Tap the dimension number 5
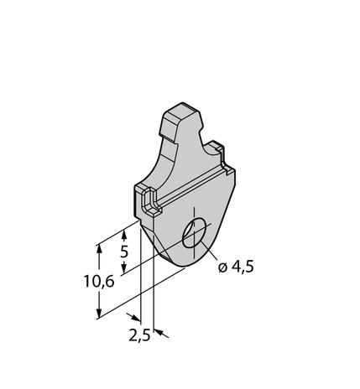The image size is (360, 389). pyautogui.click(x=123, y=252)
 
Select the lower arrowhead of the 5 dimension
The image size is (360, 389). pyautogui.click(x=123, y=269)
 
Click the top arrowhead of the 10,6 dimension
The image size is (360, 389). pyautogui.click(x=99, y=246)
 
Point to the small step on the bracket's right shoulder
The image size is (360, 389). pyautogui.click(x=222, y=151)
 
